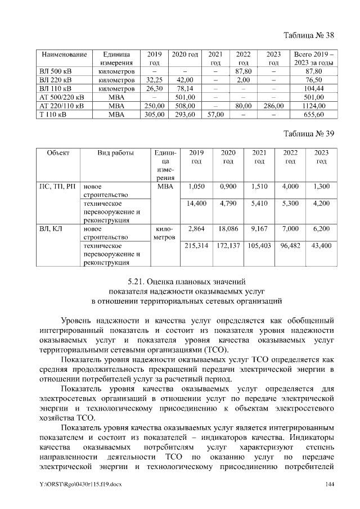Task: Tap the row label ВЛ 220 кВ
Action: click(x=56, y=80)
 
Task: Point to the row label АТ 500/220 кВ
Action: click(x=61, y=97)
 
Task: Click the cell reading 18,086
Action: click(x=228, y=229)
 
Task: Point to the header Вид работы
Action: click(x=115, y=153)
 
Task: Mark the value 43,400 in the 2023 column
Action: click(x=321, y=246)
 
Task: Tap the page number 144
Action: click(x=330, y=484)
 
